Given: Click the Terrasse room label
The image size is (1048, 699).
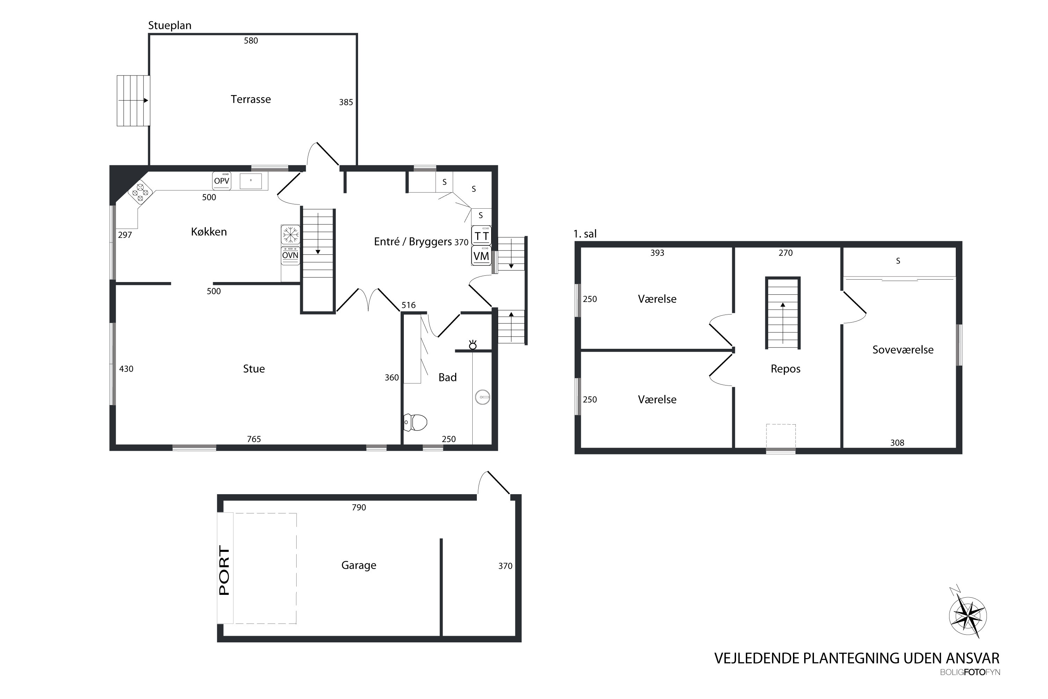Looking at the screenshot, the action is (250, 99).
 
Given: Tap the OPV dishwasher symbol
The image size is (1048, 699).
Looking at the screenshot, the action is (221, 181).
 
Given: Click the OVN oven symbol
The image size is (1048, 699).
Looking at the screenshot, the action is (290, 255).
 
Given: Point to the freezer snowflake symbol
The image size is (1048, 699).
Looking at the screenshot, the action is (290, 235).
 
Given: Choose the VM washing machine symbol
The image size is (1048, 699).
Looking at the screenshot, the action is (481, 256).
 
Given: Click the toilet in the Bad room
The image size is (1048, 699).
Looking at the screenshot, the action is (415, 422).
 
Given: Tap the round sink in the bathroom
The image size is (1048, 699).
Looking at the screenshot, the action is (482, 397).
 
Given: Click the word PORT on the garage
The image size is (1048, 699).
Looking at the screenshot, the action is (225, 571).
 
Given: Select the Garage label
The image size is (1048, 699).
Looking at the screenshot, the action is (359, 565).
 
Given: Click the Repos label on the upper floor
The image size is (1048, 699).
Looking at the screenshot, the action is (786, 369).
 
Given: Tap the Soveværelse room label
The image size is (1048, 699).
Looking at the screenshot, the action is (903, 349).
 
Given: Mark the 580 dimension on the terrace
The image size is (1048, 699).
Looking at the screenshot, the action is (251, 41).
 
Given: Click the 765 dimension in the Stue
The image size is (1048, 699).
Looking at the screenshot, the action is (254, 439).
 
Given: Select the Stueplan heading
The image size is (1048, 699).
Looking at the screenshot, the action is (170, 26).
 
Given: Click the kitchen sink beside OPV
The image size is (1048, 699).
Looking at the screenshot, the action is (251, 181).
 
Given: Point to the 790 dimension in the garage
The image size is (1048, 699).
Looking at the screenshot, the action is (359, 507).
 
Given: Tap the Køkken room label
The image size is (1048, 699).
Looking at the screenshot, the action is (209, 232).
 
